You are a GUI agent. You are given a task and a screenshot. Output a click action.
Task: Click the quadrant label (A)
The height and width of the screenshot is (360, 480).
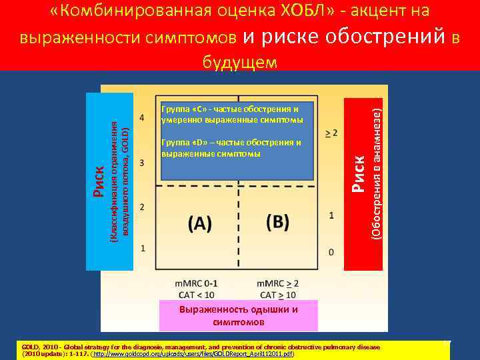coord(201,224)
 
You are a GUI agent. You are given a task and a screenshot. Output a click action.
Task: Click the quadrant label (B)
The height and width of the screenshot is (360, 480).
coord(277,222)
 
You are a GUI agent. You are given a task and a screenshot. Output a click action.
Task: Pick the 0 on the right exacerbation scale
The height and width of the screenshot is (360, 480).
coord(332,253)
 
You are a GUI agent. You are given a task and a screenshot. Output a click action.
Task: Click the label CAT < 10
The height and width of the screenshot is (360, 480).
coord(195,294)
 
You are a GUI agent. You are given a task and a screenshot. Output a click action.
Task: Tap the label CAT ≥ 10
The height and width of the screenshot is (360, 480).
coord(277,294)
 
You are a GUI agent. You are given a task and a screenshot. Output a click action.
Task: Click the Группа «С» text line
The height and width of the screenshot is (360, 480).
coord(230,108)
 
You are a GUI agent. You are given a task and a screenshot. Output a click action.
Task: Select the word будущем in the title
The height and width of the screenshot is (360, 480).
coord(239,63)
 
